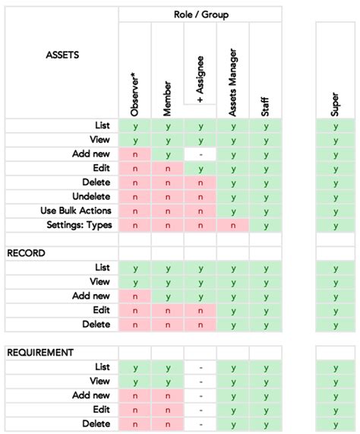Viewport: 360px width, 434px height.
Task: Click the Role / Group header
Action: tap(201, 14)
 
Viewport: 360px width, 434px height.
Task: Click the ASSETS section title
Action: tap(62, 55)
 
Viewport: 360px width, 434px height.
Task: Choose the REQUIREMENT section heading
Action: tap(40, 353)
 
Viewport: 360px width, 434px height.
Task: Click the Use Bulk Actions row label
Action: tap(75, 211)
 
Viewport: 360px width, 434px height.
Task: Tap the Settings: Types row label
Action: tap(80, 225)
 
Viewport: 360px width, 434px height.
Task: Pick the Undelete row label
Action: tap(90, 196)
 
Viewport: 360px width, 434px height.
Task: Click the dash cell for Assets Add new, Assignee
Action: tap(201, 154)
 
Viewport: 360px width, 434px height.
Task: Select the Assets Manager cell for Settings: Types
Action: tap(233, 225)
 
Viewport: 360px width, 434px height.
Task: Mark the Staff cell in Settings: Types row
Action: tap(266, 225)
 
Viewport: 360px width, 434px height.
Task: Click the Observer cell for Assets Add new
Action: tap(135, 154)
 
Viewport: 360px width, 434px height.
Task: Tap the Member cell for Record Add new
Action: tap(168, 296)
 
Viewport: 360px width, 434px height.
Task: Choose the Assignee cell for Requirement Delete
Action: tap(201, 424)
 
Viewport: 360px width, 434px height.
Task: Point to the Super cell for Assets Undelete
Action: tap(335, 197)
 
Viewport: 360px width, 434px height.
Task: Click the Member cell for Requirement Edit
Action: tap(168, 410)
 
